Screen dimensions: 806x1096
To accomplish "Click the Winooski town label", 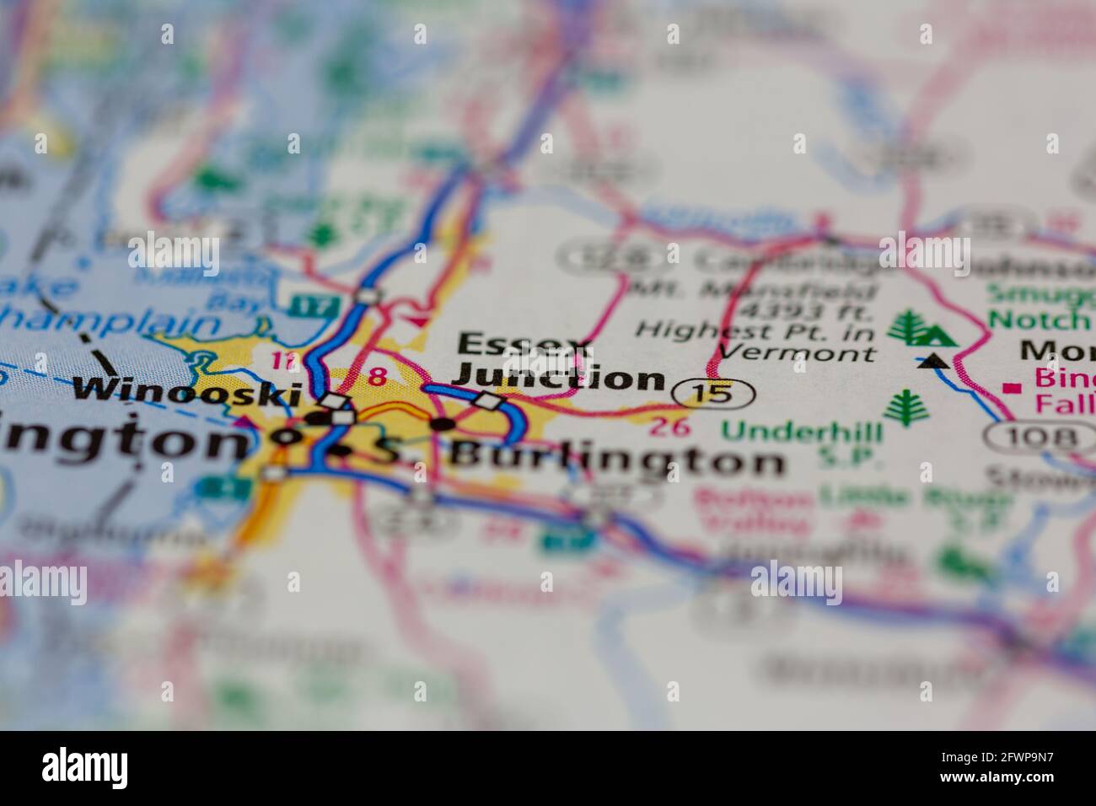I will (x=187, y=391).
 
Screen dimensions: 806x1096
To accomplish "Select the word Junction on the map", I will (x=558, y=379).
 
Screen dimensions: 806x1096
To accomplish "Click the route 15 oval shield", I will (x=713, y=393).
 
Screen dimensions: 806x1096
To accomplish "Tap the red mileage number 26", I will (x=671, y=427).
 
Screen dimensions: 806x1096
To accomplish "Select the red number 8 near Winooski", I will (x=378, y=377).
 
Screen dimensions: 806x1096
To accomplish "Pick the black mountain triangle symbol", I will (x=932, y=363).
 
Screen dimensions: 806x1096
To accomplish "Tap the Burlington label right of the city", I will (x=617, y=459).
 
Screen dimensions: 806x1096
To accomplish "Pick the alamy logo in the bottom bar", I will (x=86, y=767).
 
